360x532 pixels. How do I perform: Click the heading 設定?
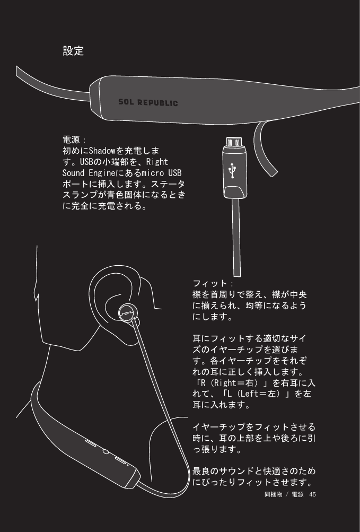[73, 51]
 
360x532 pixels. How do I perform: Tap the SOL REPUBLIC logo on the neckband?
[147, 102]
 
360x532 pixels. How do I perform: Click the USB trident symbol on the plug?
[232, 170]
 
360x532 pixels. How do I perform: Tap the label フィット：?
[209, 283]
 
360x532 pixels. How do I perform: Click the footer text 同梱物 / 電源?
[283, 494]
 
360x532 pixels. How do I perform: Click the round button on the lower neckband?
[105, 452]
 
